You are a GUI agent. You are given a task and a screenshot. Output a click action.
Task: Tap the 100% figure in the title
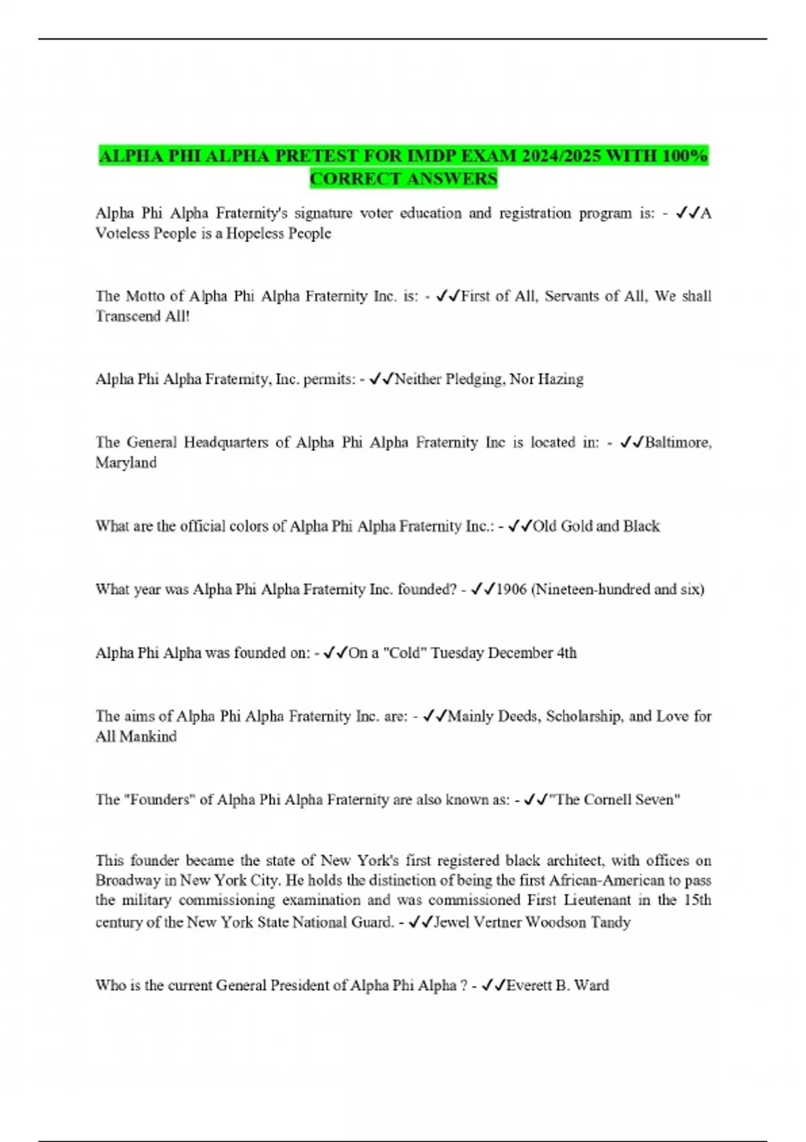[684, 157]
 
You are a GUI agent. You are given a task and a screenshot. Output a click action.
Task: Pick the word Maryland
[126, 463]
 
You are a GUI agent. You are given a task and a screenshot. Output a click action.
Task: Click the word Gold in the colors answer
[576, 526]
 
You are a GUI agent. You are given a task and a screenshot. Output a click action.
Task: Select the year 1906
[511, 590]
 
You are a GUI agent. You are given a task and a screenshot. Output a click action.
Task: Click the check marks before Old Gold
[521, 526]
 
